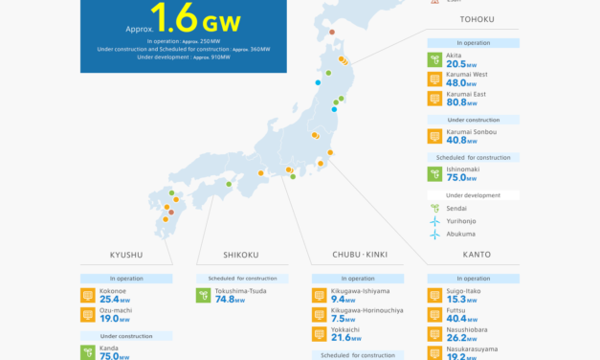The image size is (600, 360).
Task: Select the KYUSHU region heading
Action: coord(126,255)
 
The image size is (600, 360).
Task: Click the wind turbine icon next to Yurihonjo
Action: coord(434,220)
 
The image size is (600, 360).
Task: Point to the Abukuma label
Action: coord(462,233)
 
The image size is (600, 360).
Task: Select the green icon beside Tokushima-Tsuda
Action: coord(203,296)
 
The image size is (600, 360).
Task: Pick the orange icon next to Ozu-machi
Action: coord(88,314)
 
